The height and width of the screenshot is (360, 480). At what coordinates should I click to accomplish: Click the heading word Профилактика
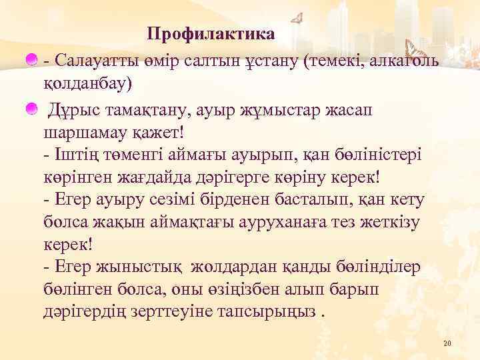(x=211, y=33)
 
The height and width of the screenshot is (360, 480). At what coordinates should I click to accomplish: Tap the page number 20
(x=447, y=343)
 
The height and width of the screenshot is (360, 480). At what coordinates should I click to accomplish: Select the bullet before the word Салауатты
(x=31, y=61)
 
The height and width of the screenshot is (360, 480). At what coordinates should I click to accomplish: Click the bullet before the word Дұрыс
(x=31, y=108)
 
